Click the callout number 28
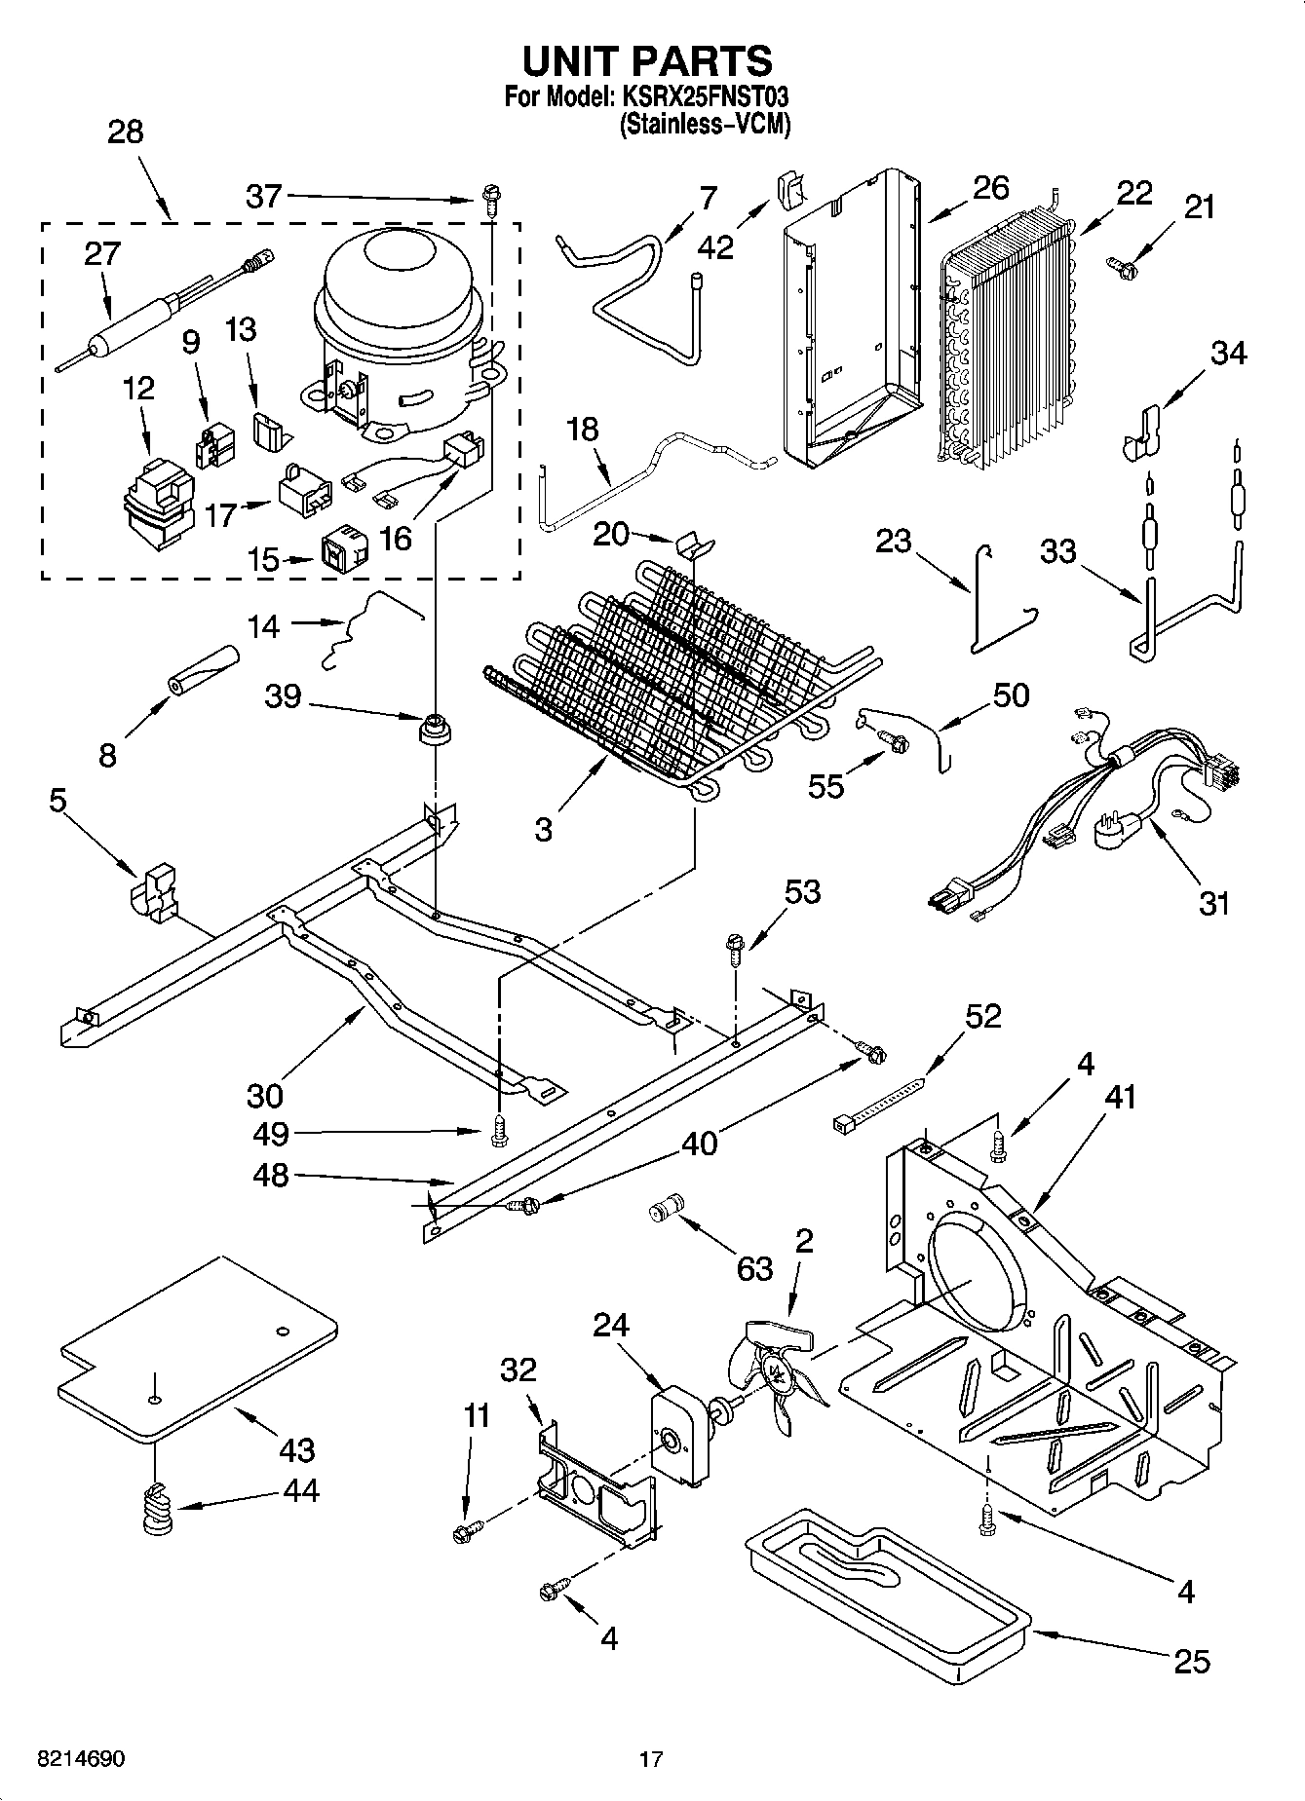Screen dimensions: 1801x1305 [x=125, y=131]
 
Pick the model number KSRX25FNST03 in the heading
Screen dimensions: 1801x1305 [x=701, y=97]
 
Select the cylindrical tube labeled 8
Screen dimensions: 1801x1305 [x=204, y=671]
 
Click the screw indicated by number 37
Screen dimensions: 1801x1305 [x=490, y=202]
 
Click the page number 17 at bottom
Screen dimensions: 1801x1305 [x=651, y=1759]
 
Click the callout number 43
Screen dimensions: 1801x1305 [x=296, y=1449]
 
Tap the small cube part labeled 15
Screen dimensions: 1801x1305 [x=345, y=550]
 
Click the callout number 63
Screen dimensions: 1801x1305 [x=754, y=1268]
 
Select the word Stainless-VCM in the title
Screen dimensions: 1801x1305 [x=705, y=125]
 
